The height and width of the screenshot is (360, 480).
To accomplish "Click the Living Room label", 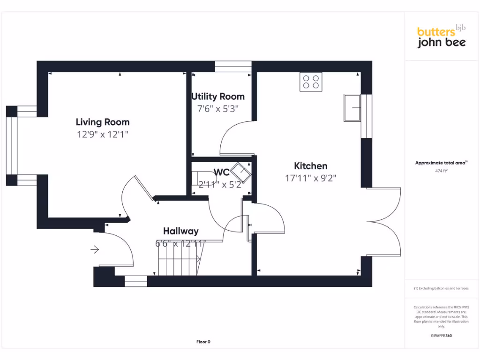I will (103, 122).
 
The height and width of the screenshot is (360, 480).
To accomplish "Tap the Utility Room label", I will (218, 97).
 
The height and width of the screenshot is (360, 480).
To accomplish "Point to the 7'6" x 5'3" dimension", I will (218, 109).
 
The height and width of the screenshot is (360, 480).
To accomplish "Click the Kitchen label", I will (310, 166).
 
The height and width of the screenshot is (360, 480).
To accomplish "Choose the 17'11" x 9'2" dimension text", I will (310, 178).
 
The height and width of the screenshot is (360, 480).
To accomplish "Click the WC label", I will (222, 172).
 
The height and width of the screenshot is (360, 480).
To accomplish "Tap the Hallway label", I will (180, 231).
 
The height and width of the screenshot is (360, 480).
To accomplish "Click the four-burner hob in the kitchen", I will (311, 82).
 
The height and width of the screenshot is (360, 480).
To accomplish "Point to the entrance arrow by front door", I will (95, 250).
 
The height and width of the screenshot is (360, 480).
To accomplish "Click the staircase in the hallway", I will (179, 260).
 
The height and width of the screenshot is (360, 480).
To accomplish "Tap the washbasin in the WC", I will (243, 171).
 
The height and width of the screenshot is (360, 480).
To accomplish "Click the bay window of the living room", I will (12, 145).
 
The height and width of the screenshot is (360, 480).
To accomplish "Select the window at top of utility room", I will (232, 67).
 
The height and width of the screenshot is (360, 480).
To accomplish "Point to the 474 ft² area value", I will (441, 171).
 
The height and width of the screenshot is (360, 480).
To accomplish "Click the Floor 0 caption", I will (203, 342).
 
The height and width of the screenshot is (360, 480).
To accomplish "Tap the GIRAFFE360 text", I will (441, 336).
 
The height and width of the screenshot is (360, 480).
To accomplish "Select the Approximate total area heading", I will (441, 163).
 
